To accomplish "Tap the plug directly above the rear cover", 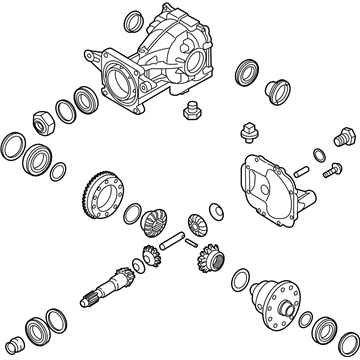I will pyautogui.click(x=247, y=133).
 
